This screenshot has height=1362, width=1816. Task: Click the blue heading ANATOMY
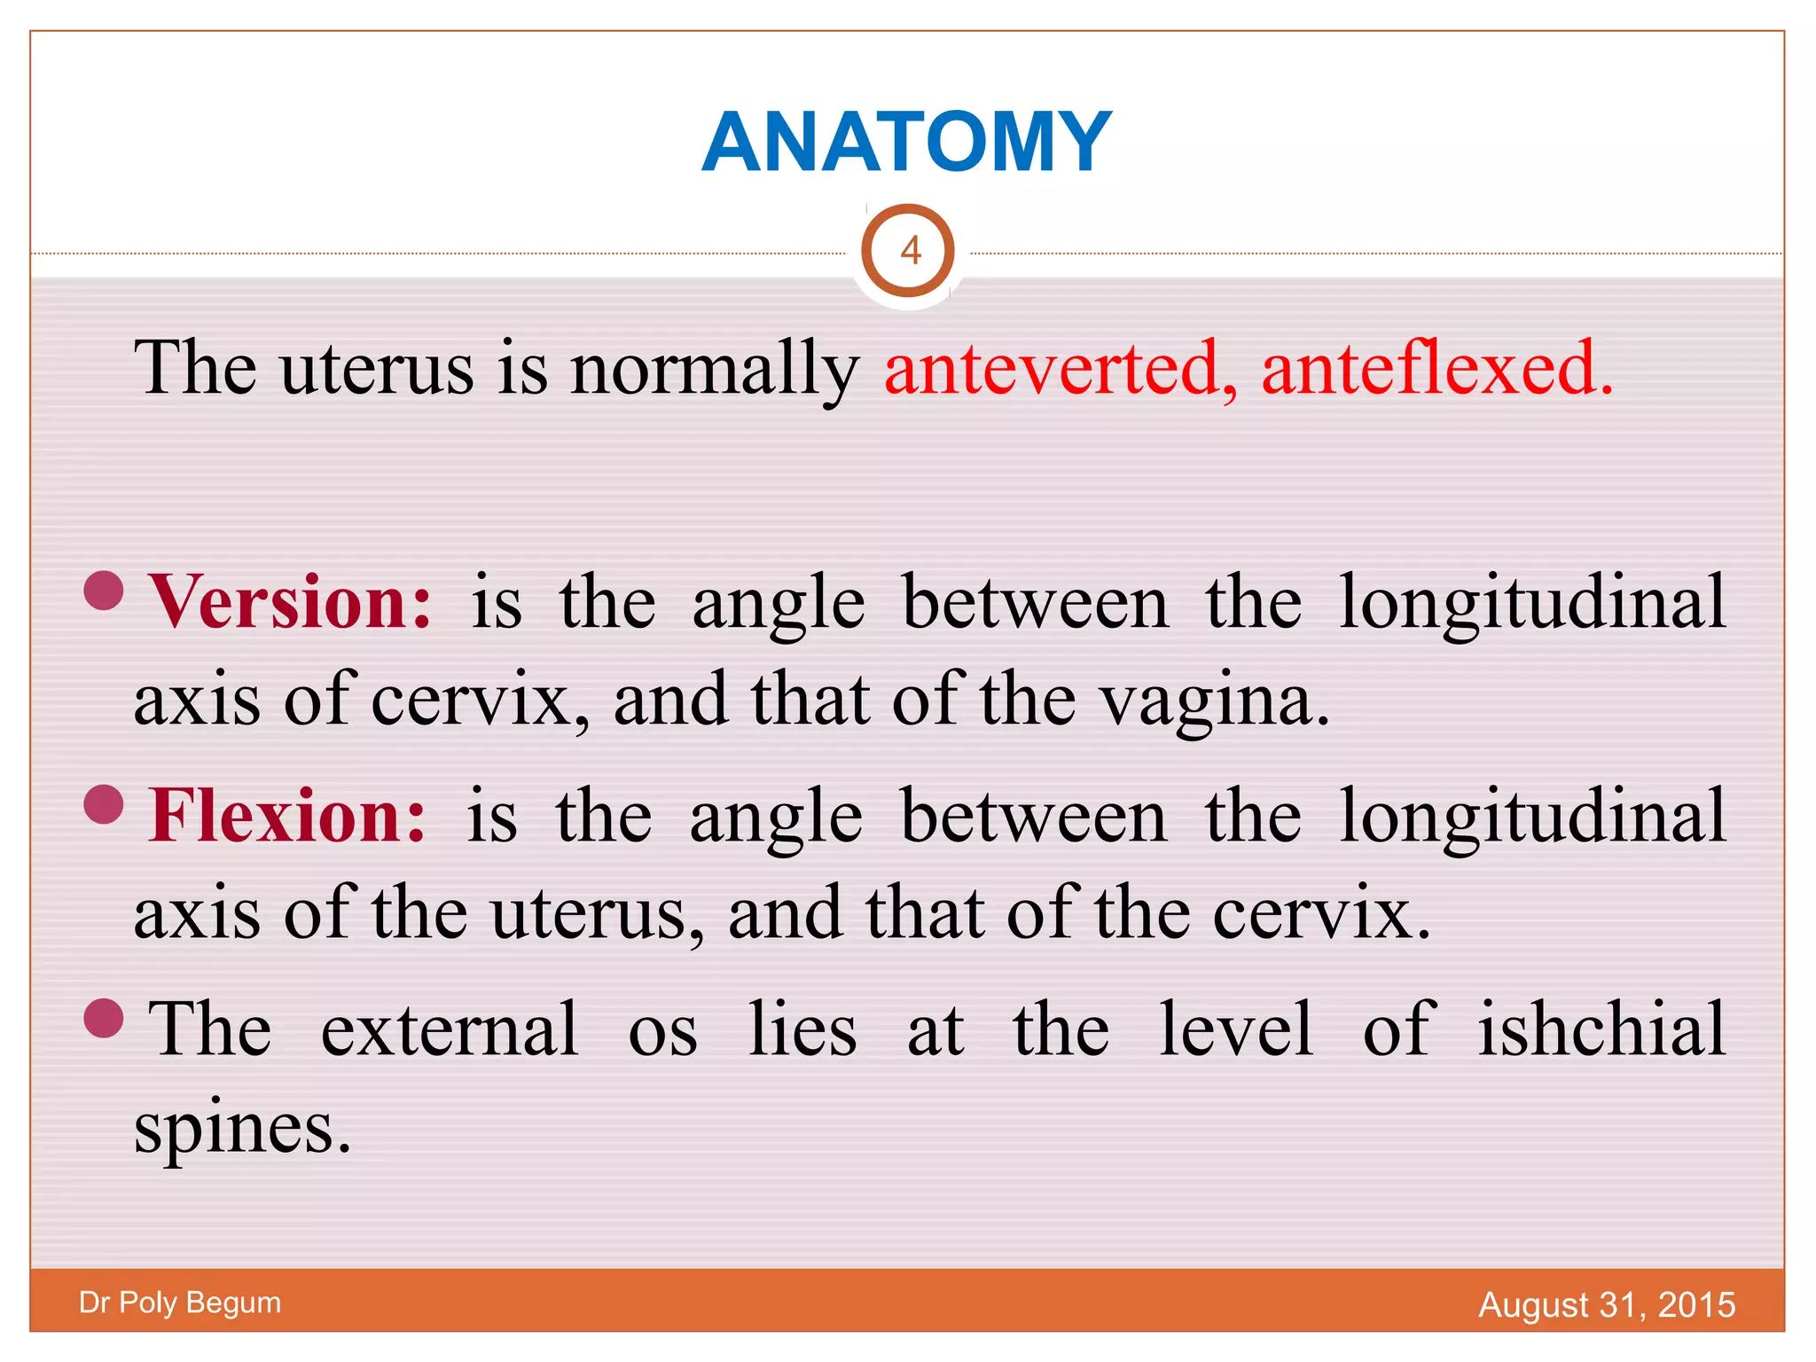pyautogui.click(x=906, y=143)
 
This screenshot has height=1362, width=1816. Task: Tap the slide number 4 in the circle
pyautogui.click(x=909, y=252)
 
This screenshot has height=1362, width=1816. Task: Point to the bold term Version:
pyautogui.click(x=291, y=603)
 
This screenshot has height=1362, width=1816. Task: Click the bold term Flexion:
pyautogui.click(x=287, y=817)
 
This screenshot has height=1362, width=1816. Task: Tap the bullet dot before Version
pyautogui.click(x=104, y=591)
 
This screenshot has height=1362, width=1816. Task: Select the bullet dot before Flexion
pyautogui.click(x=104, y=804)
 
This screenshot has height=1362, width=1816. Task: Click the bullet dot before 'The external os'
pyautogui.click(x=104, y=1018)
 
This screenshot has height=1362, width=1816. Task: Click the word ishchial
pyautogui.click(x=1601, y=1030)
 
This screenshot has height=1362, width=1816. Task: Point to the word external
pyautogui.click(x=450, y=1030)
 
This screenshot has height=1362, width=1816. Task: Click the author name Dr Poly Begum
pyautogui.click(x=180, y=1303)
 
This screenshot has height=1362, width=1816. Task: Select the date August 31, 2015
pyautogui.click(x=1607, y=1305)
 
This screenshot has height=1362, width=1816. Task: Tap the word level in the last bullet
pyautogui.click(x=1236, y=1030)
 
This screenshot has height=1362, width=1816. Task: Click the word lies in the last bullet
pyautogui.click(x=802, y=1030)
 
